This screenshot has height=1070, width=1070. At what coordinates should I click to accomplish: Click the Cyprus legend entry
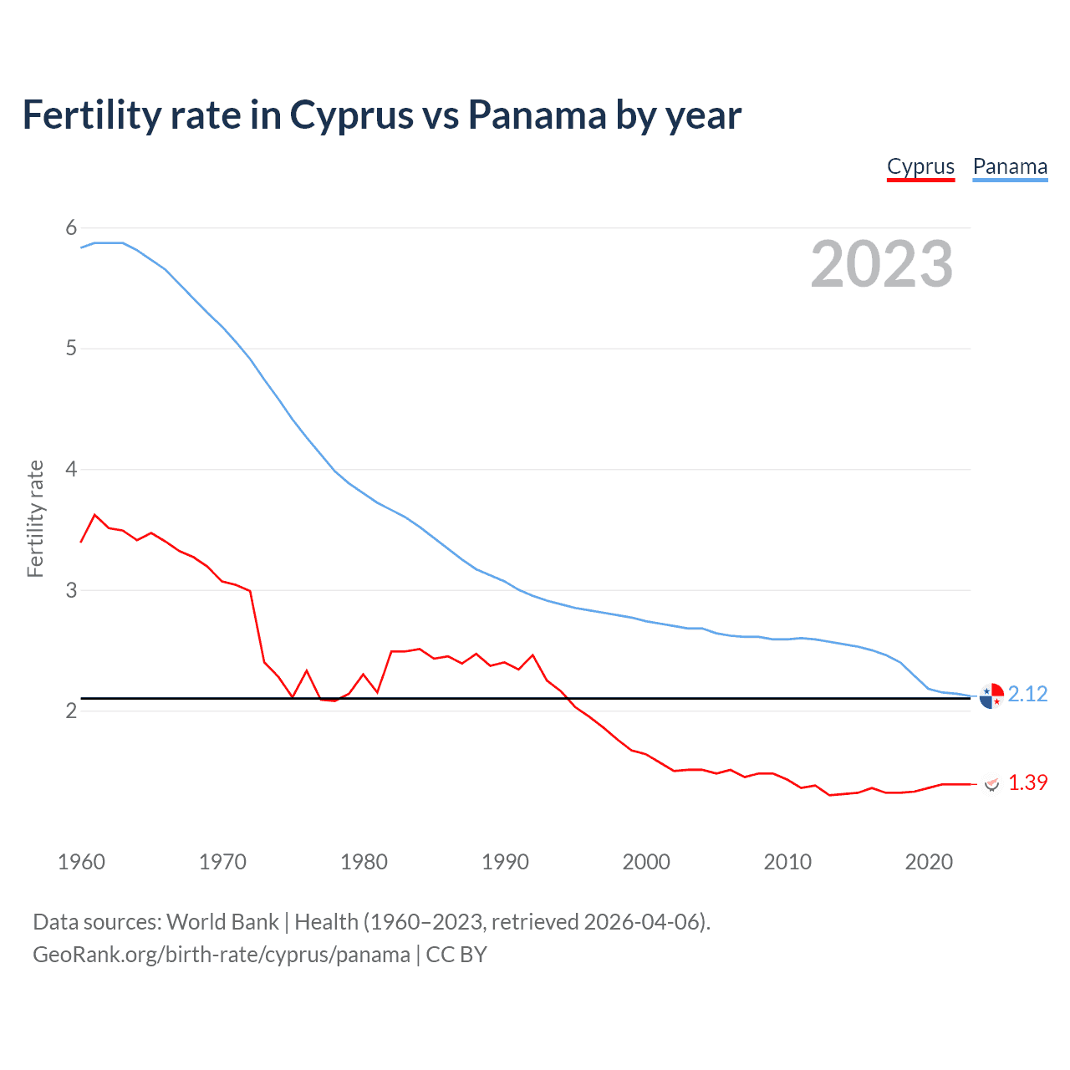(x=920, y=166)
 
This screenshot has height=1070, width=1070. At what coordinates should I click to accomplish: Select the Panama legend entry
(x=1010, y=166)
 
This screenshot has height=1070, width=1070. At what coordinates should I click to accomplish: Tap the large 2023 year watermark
(x=882, y=264)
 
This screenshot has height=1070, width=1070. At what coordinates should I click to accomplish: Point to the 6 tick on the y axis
(x=71, y=227)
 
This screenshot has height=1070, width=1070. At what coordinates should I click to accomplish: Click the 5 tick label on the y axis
(x=71, y=349)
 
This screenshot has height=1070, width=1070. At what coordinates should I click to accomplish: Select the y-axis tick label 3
(x=71, y=590)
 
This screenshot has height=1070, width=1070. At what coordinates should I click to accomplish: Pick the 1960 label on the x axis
(x=81, y=862)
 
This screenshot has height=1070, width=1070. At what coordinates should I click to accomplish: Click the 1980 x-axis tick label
(x=364, y=862)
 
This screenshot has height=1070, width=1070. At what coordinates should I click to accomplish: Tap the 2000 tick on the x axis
(x=646, y=862)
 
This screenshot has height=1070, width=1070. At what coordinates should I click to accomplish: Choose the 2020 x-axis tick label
(x=929, y=862)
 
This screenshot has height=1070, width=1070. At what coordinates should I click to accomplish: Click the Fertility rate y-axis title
(x=35, y=518)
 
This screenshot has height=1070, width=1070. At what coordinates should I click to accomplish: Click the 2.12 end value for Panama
(x=1027, y=695)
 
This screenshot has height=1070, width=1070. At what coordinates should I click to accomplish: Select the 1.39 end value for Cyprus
(x=1027, y=783)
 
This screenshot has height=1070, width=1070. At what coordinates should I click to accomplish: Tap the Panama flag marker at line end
(x=991, y=695)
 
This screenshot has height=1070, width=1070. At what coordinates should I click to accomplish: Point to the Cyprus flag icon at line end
(x=991, y=784)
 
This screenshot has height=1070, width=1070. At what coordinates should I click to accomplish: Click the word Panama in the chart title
(x=537, y=115)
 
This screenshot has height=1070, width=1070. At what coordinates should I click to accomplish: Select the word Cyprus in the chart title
(x=351, y=115)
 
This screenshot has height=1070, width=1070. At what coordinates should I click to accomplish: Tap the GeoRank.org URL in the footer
(x=222, y=955)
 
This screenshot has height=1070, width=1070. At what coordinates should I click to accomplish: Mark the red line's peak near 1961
(x=94, y=515)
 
